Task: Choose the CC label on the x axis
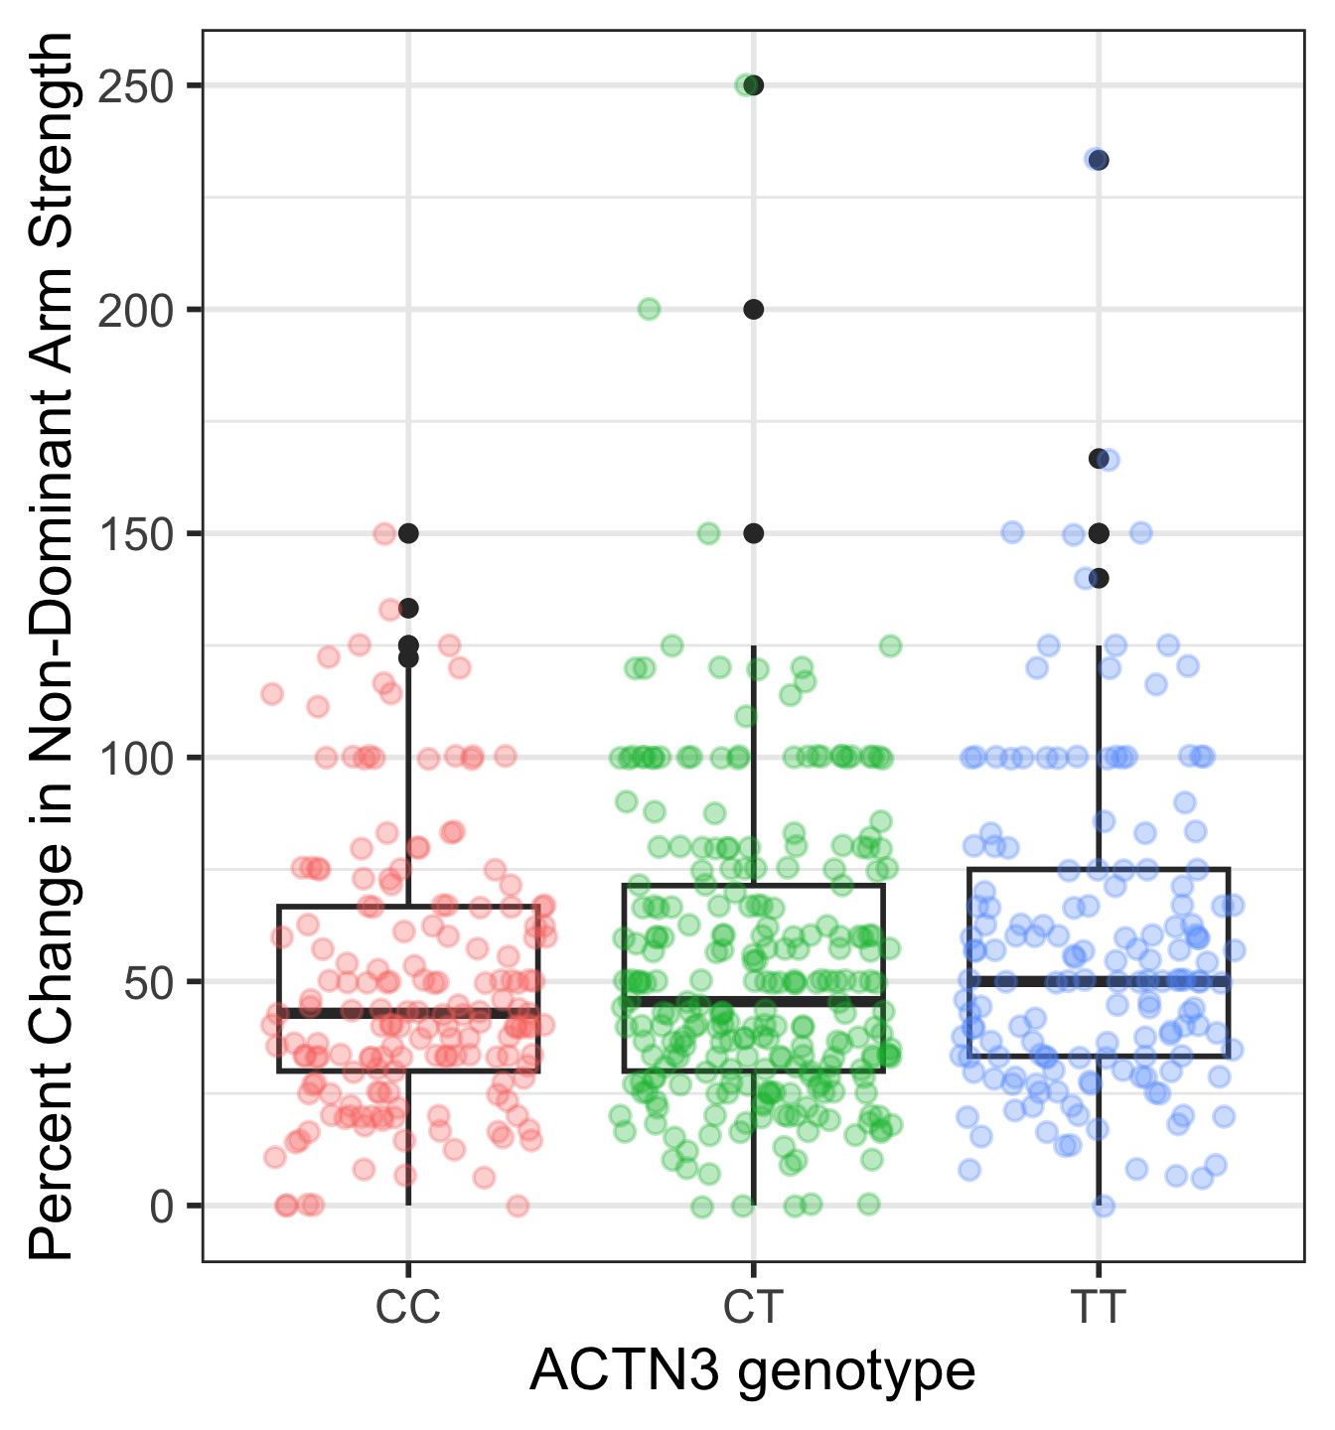[407, 1308]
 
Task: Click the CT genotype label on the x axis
[753, 1308]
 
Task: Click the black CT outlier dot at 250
[754, 85]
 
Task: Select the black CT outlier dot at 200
[754, 310]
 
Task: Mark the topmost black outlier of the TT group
[1099, 160]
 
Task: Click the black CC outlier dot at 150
[408, 533]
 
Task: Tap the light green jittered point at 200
[649, 309]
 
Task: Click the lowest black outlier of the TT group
[1099, 578]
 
